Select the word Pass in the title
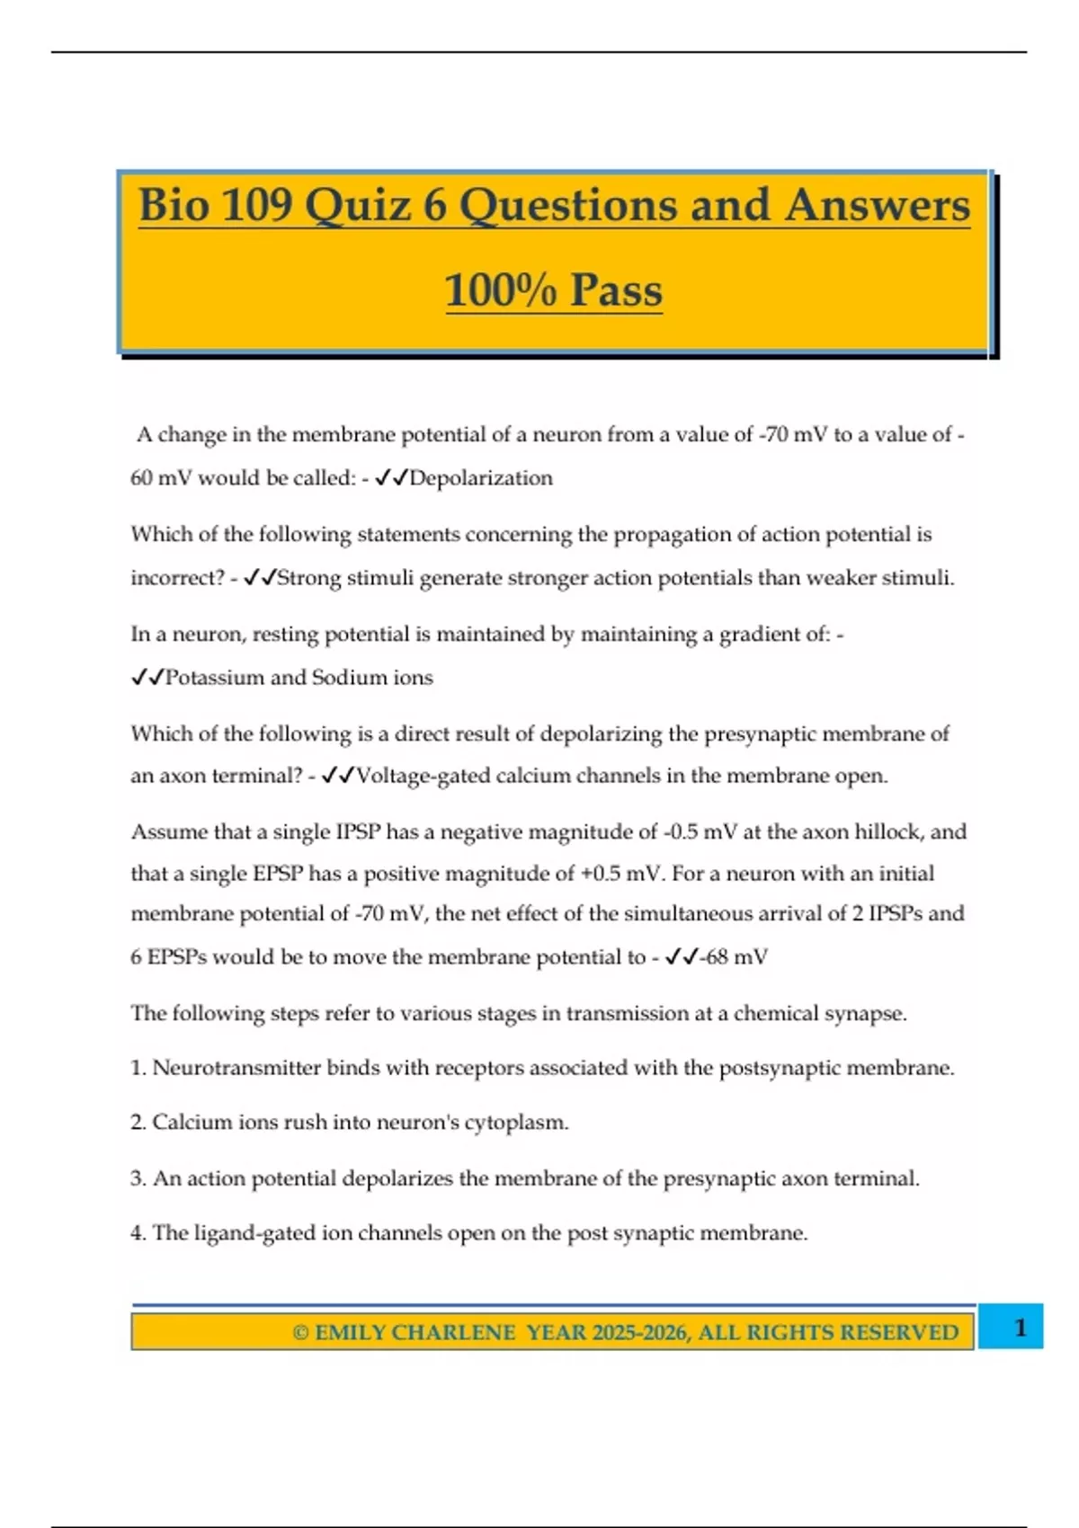(616, 290)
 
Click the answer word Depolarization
(481, 478)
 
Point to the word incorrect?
(177, 578)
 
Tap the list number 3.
(137, 1178)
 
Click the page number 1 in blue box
(1020, 1328)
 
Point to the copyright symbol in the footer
(300, 1332)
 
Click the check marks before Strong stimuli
(260, 578)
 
